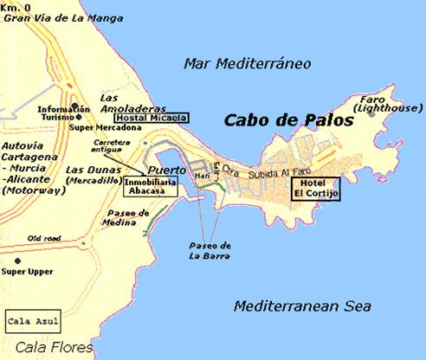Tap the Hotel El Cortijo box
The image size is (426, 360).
click(x=317, y=190)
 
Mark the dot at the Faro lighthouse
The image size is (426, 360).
click(x=372, y=113)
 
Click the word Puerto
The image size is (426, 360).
click(x=167, y=170)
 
